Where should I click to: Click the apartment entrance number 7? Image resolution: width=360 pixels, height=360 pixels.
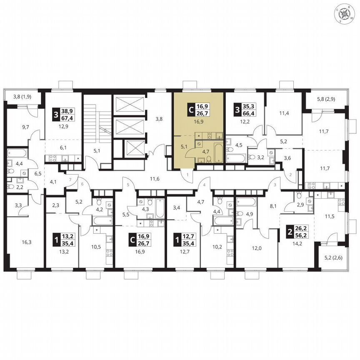pos(70,179)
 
